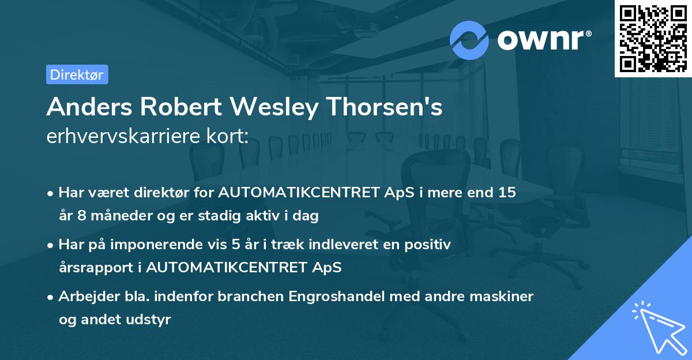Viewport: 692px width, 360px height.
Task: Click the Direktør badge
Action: pyautogui.click(x=77, y=74)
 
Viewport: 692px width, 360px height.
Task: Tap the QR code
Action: pyautogui.click(x=653, y=38)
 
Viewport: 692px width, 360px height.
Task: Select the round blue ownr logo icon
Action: pyautogui.click(x=469, y=40)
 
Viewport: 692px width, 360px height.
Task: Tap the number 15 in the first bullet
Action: pyautogui.click(x=507, y=193)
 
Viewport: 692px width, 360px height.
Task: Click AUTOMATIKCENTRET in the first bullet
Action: pyautogui.click(x=302, y=193)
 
